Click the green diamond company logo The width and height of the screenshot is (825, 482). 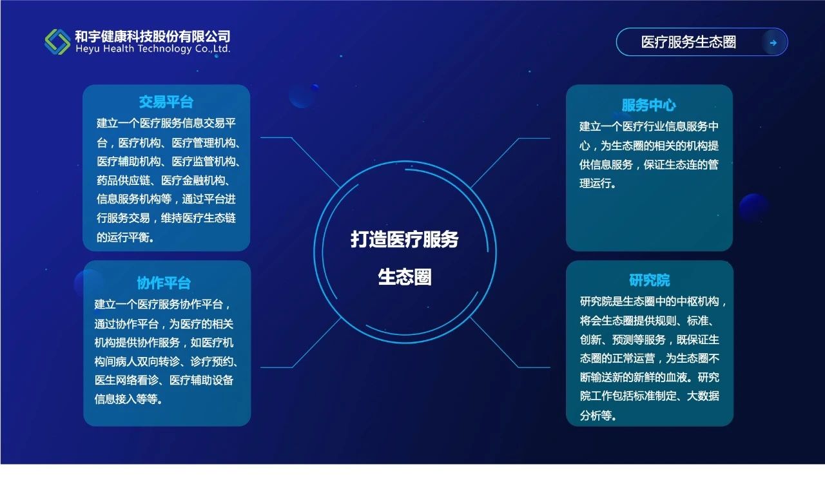(x=57, y=42)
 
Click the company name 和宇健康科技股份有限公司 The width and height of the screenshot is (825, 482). (x=153, y=36)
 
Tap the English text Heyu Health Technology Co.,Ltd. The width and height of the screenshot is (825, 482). (x=153, y=49)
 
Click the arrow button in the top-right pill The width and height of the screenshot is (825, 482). (x=773, y=43)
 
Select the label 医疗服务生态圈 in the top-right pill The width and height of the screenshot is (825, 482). (x=688, y=42)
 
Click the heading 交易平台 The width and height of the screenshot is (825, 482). (x=166, y=102)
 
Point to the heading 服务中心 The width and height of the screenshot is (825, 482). (x=649, y=105)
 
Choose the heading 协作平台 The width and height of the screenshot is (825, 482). (x=164, y=283)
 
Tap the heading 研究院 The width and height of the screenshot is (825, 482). (x=649, y=280)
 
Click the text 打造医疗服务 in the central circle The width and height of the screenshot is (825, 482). (x=404, y=239)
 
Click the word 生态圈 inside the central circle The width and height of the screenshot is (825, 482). (x=405, y=277)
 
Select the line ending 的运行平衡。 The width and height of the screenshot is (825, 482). (x=125, y=237)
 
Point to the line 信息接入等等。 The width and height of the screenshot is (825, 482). (x=128, y=399)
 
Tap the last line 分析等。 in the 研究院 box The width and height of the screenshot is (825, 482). (x=598, y=416)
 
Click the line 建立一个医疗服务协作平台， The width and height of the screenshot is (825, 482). (x=163, y=304)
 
